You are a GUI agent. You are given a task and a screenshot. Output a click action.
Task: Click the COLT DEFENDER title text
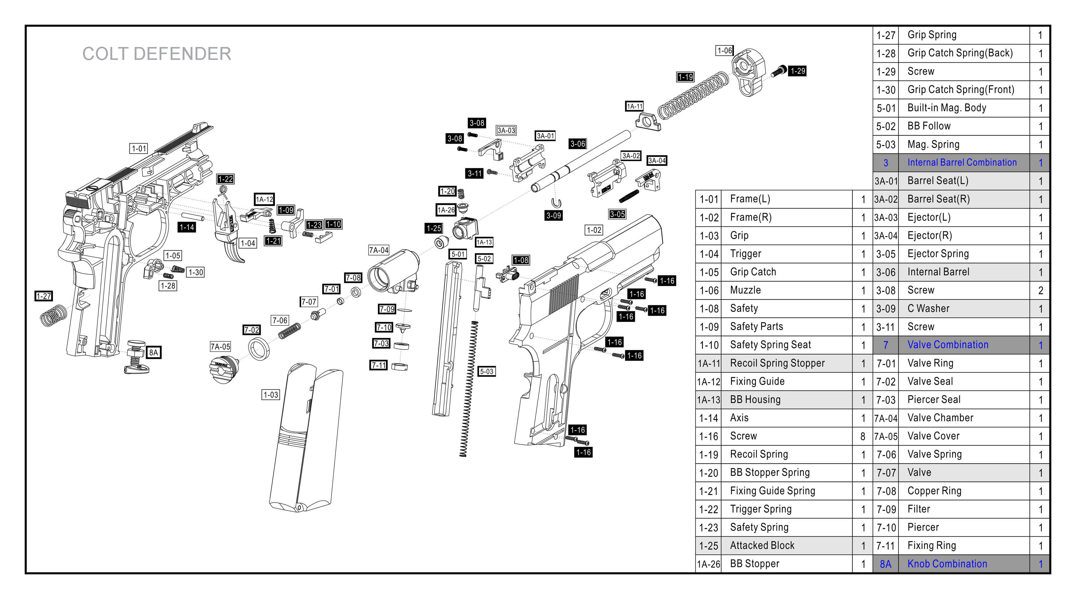[157, 54]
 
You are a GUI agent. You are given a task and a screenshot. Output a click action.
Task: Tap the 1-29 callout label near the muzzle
[797, 71]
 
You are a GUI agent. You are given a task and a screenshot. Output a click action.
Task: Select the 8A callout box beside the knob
[154, 352]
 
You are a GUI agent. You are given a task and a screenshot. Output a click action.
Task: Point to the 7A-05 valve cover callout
[220, 346]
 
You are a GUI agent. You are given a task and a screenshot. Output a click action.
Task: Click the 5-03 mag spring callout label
[487, 371]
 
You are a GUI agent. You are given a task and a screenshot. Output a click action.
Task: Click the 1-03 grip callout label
[271, 394]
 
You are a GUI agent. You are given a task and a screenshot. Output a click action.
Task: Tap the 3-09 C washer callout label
[553, 215]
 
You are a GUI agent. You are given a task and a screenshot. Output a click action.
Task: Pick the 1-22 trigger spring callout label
[225, 179]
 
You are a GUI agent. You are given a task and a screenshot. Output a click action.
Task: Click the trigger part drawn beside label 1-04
[227, 234]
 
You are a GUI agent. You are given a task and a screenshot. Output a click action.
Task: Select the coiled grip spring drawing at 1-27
[53, 315]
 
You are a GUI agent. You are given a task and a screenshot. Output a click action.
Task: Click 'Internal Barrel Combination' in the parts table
[962, 162]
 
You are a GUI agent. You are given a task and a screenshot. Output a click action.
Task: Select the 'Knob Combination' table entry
[947, 563]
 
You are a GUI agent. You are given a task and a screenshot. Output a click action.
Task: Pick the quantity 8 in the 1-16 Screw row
[863, 436]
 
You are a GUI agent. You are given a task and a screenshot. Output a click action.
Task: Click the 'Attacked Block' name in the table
[762, 545]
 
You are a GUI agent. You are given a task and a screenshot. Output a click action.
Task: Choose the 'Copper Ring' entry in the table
[934, 491]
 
